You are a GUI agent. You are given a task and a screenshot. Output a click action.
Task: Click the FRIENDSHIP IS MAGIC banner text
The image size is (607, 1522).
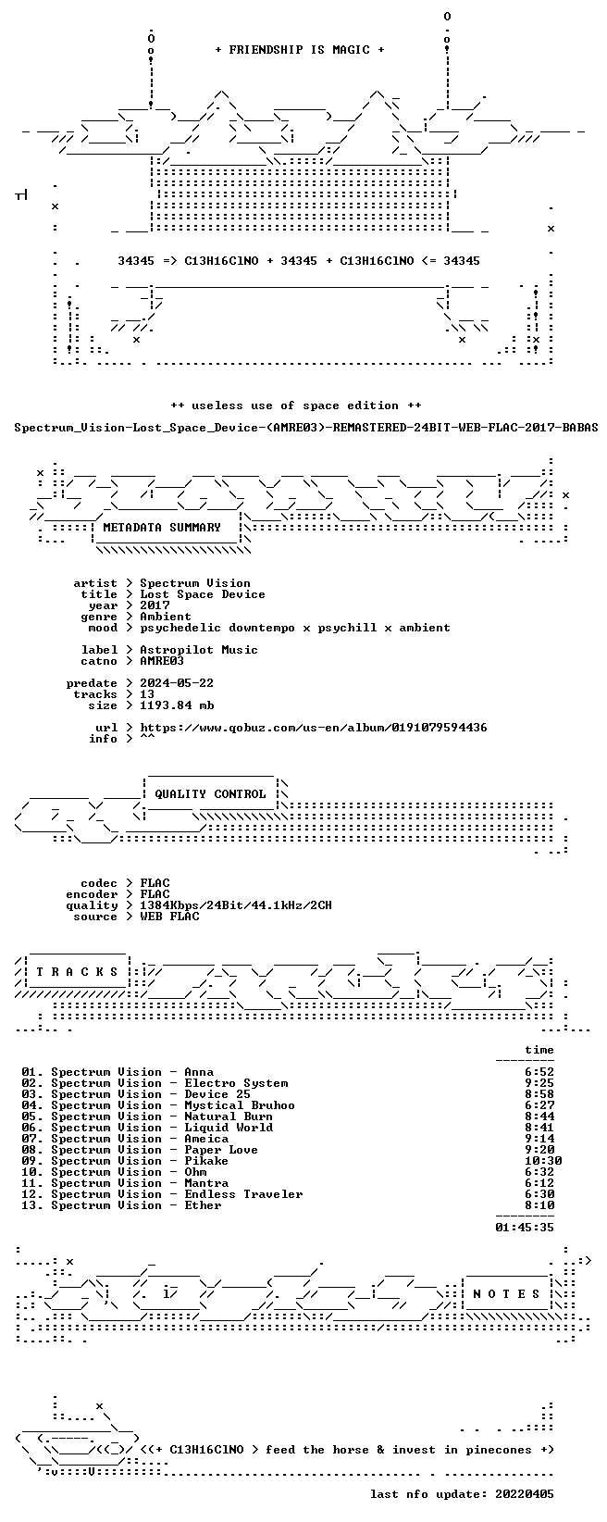click(300, 50)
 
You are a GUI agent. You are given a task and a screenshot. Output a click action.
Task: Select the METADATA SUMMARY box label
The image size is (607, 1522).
click(162, 528)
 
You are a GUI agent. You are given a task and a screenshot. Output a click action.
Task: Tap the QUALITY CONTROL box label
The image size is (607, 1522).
click(210, 793)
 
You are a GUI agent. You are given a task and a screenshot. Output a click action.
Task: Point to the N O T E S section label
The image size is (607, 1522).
click(506, 1293)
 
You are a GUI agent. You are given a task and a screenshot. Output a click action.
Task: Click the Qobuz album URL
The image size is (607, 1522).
click(314, 728)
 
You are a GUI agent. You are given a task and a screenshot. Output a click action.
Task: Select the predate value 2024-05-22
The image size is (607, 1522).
click(177, 683)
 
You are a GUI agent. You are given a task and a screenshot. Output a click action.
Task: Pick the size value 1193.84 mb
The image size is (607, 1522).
click(177, 705)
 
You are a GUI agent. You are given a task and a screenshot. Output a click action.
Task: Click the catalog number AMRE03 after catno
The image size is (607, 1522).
click(162, 660)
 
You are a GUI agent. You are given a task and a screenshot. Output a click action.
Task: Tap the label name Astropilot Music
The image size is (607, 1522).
click(199, 650)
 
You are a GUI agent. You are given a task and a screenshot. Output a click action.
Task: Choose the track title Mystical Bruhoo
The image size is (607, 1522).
click(240, 1105)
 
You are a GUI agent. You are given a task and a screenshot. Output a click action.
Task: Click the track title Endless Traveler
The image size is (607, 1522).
click(243, 1194)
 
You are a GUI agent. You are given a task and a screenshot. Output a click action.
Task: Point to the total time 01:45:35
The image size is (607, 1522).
click(525, 1228)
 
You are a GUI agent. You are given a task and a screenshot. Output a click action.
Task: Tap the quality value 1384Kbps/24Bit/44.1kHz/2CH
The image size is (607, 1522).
click(236, 905)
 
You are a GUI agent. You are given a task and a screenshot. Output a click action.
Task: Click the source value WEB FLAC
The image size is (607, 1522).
click(169, 916)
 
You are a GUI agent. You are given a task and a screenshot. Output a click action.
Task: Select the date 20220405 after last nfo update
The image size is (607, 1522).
click(525, 1494)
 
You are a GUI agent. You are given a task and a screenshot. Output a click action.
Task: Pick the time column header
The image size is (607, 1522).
click(539, 1050)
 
